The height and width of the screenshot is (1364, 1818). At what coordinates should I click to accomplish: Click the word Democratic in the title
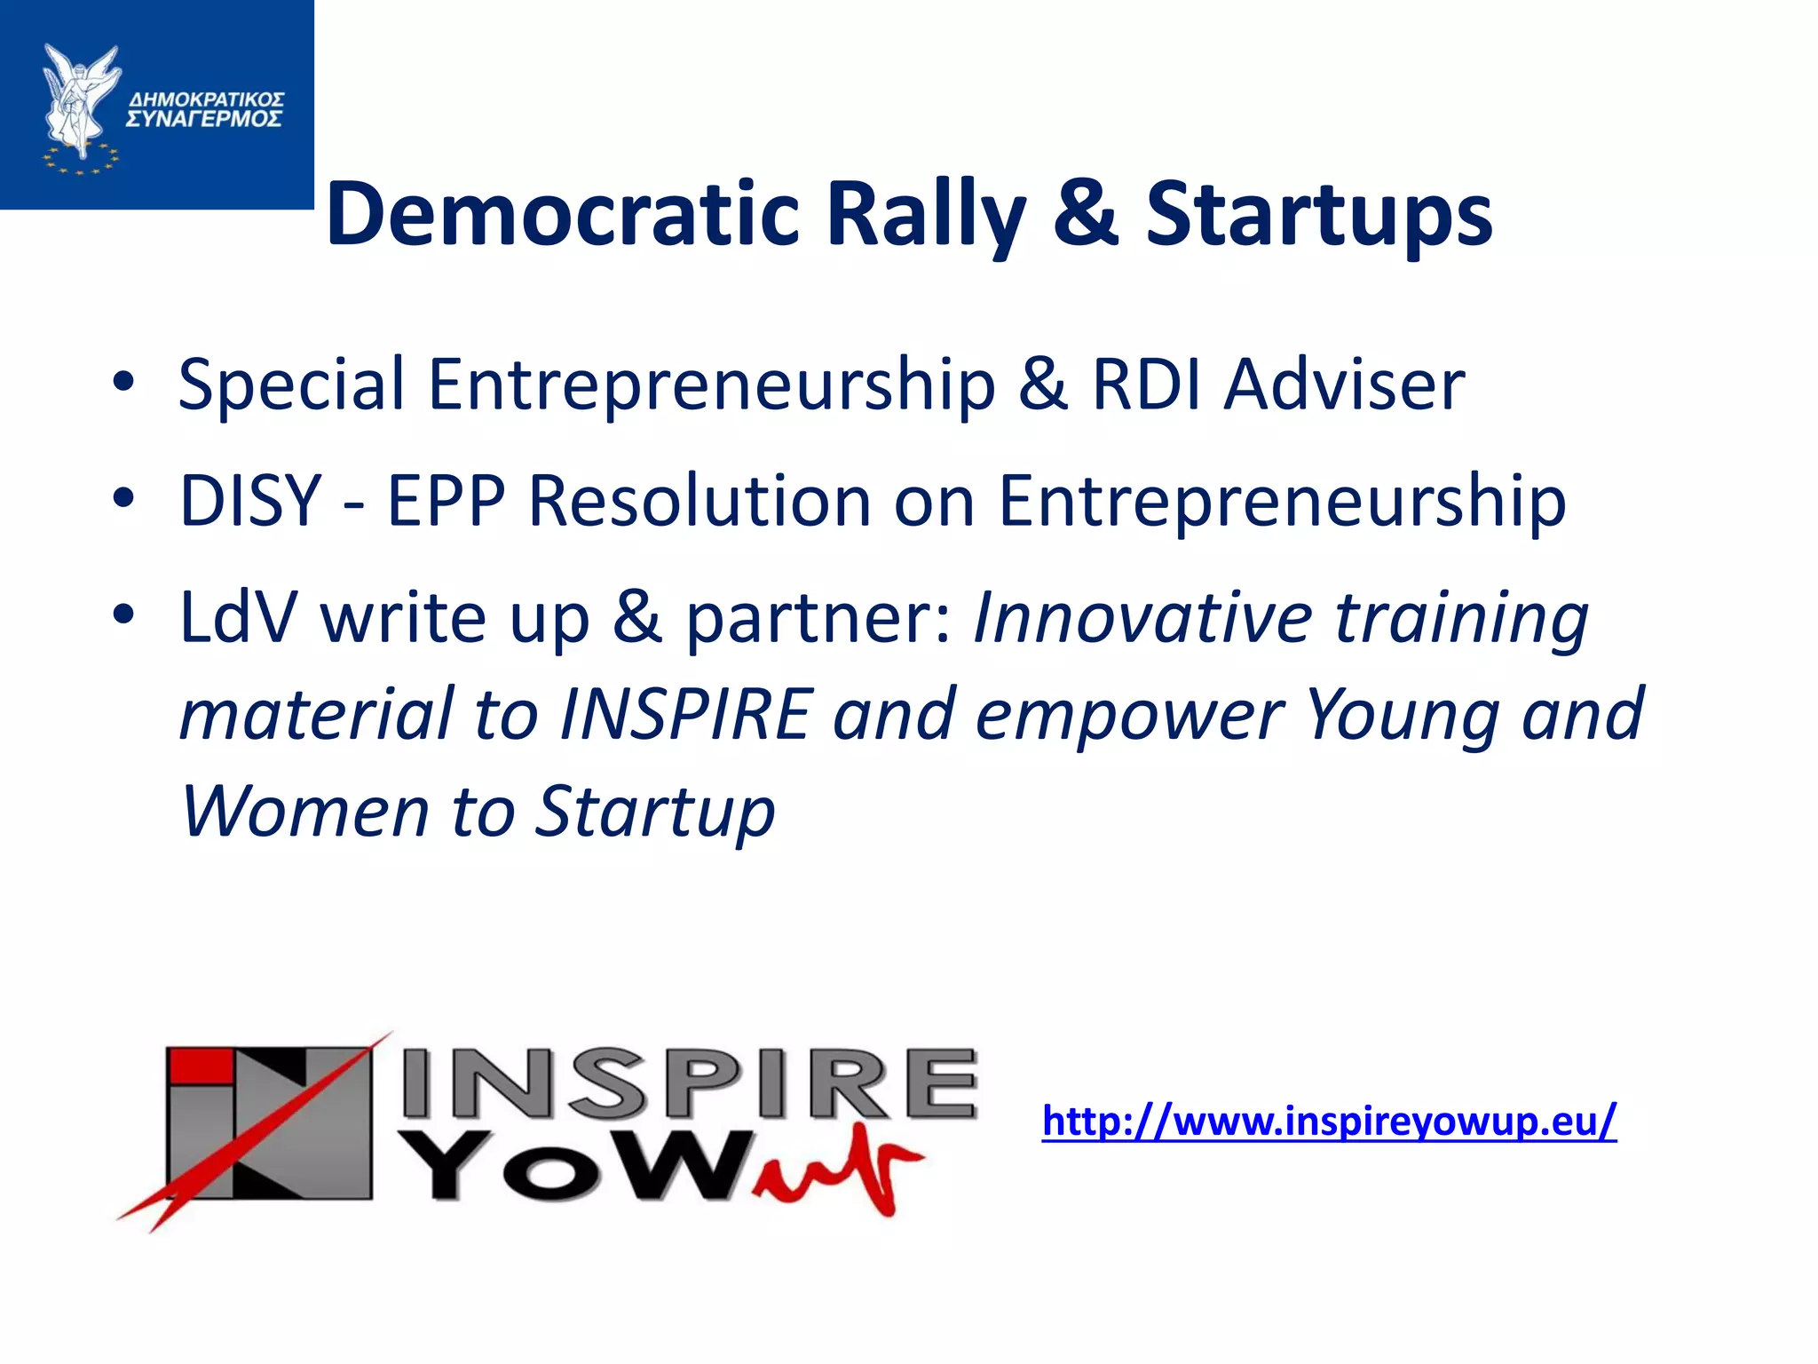point(563,214)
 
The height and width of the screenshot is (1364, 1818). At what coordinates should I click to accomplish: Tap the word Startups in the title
point(1319,216)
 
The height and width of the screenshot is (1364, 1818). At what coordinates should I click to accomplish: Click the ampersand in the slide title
point(1085,214)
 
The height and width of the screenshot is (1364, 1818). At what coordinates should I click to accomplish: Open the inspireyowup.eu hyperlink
point(1329,1121)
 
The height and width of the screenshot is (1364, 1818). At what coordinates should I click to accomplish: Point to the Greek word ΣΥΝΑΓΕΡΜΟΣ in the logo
point(204,119)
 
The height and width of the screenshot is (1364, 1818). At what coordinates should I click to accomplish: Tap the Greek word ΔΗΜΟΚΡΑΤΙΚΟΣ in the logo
point(206,97)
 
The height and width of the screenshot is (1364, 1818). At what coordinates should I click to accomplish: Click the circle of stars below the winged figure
point(80,160)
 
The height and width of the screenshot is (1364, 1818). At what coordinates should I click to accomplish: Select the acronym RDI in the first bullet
point(1145,385)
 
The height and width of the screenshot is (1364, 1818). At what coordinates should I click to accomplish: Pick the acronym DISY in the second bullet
point(249,500)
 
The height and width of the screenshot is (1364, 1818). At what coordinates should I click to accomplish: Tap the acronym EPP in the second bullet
point(447,500)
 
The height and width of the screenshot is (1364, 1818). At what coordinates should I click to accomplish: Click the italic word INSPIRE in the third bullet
point(686,714)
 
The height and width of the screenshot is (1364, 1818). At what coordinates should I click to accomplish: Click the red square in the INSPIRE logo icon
point(201,1067)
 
